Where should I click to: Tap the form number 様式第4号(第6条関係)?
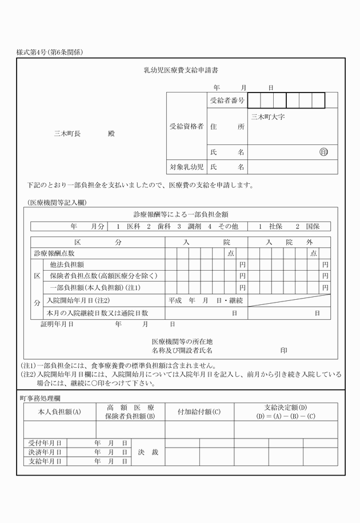tap(50, 53)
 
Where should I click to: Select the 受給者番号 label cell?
tap(227, 100)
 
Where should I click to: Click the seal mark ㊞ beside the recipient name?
tap(324, 152)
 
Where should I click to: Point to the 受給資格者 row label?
tap(186, 126)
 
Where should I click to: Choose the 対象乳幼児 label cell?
tap(186, 167)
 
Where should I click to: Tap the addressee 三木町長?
tap(67, 134)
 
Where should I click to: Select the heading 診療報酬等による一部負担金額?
tap(181, 214)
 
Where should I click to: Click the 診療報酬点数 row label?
tap(54, 253)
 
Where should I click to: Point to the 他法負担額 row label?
tap(67, 264)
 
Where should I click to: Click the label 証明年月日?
tap(57, 324)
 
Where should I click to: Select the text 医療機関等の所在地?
tap(181, 341)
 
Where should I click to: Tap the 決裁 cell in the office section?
tap(148, 452)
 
